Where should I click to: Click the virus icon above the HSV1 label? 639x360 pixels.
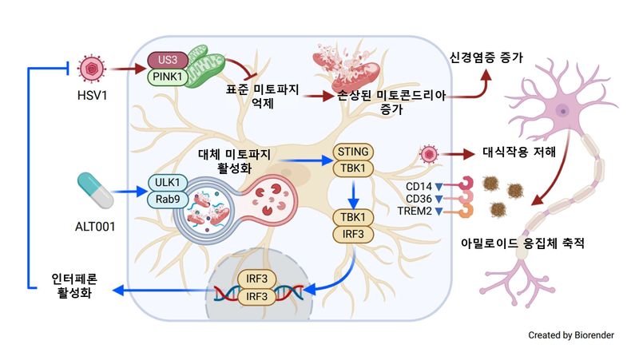tap(93, 69)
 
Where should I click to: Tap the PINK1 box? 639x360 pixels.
tap(165, 77)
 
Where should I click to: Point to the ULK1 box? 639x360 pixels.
tap(165, 182)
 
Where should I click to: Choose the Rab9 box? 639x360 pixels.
tap(165, 199)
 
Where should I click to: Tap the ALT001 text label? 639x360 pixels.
tap(94, 227)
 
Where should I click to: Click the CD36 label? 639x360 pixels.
tap(419, 199)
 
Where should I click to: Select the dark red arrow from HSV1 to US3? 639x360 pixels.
tap(126, 69)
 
